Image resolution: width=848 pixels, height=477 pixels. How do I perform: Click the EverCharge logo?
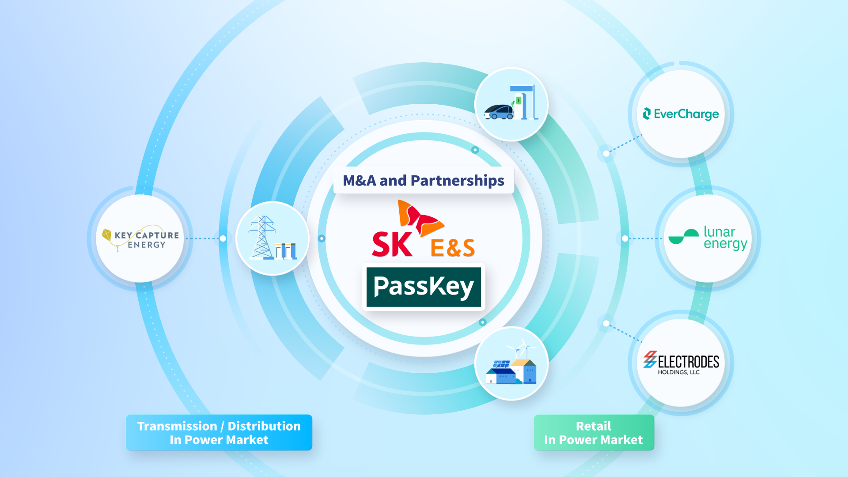pos(681,114)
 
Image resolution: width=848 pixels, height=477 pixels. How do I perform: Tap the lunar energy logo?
pos(708,238)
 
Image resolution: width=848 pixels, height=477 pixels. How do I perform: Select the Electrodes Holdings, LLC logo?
pos(681,363)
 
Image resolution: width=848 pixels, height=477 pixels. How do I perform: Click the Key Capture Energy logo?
pos(140,238)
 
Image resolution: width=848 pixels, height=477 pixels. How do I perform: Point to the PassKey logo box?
pos(424,287)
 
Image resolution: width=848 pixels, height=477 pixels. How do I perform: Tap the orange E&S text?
pos(452,248)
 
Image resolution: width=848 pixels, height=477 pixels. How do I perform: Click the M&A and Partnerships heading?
pos(424,180)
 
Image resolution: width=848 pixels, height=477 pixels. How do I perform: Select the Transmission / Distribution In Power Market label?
pos(219,432)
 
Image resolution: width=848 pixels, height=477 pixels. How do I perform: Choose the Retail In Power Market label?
pos(594,432)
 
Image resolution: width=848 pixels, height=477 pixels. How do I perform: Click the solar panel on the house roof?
pos(501,364)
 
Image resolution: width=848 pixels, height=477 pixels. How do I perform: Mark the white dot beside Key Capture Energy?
pos(223,238)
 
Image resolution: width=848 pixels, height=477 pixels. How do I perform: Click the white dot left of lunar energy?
pos(625,238)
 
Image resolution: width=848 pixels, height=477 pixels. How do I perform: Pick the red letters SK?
pos(392,244)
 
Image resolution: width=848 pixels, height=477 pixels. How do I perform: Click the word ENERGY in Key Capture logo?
pos(147,245)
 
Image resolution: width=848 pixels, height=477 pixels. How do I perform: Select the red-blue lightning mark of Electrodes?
pos(650,360)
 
